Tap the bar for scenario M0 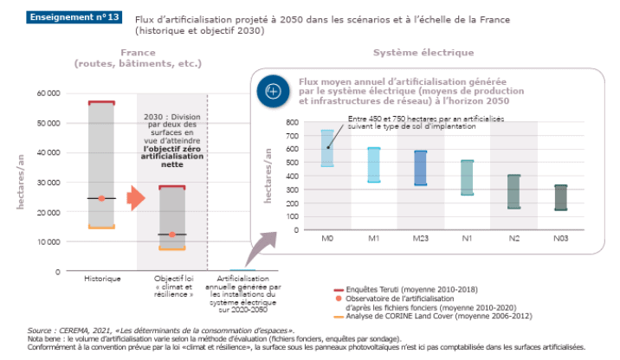(x=327, y=147)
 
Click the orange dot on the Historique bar (x=101, y=198)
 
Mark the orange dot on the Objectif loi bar (x=172, y=235)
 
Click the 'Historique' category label (x=102, y=279)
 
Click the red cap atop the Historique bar (x=101, y=102)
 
